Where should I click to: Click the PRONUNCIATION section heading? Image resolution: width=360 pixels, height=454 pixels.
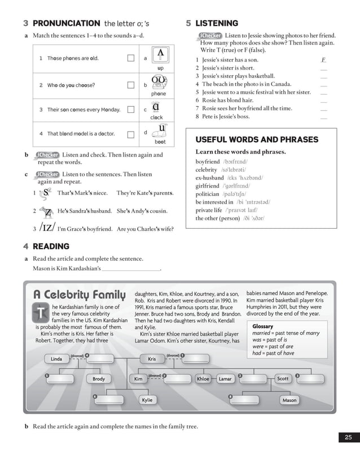tap(67, 23)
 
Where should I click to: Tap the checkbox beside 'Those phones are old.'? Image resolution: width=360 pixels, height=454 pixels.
tap(131, 58)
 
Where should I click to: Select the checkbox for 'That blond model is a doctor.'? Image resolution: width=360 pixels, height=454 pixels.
tap(131, 134)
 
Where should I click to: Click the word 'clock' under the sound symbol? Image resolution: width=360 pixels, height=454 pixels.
tap(156, 117)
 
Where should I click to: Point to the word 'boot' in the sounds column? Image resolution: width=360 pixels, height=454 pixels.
tap(160, 142)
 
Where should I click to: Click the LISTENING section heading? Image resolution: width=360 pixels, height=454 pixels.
tap(217, 23)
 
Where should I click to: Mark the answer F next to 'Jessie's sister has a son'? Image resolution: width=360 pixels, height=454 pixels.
tap(323, 60)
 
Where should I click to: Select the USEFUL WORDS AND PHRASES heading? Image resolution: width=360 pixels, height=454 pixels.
tap(256, 139)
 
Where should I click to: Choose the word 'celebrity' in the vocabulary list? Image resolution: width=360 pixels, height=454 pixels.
tap(207, 169)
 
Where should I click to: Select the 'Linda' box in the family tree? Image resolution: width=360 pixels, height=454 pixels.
tap(56, 359)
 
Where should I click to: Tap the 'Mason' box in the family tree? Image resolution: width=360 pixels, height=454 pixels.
tap(289, 400)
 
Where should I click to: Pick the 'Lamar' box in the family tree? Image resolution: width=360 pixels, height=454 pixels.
tap(225, 379)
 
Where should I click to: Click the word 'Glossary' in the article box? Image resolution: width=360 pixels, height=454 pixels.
tap(263, 326)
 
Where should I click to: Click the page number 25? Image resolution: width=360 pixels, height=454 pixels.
tap(348, 437)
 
